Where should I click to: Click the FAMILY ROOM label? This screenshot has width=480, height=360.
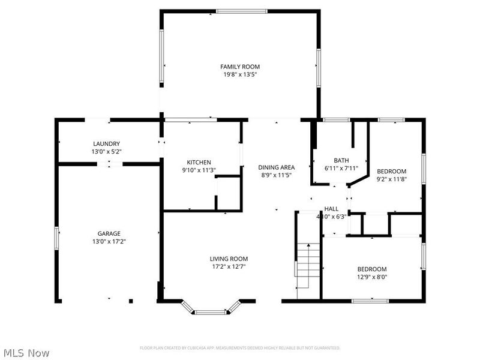click(x=240, y=67)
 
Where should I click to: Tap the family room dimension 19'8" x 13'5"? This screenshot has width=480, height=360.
click(x=240, y=75)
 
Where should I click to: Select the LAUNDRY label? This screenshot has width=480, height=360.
click(x=106, y=143)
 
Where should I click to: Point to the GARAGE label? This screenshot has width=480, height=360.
click(x=109, y=233)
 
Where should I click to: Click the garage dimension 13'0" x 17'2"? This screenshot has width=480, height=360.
click(x=109, y=242)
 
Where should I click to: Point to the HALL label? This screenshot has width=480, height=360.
click(x=331, y=209)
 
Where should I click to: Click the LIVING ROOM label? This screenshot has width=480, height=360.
click(x=229, y=259)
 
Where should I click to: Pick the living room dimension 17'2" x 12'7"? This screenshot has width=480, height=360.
click(x=229, y=266)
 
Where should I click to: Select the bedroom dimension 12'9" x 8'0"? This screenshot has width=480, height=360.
click(x=373, y=277)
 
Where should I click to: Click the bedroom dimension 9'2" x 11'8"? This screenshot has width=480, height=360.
click(x=391, y=179)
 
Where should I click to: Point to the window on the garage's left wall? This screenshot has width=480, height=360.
click(x=57, y=236)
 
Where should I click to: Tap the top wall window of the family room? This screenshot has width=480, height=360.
click(x=238, y=10)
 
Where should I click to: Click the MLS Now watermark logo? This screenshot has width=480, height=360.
click(x=26, y=353)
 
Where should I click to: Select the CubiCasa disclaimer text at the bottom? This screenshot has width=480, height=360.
click(x=240, y=348)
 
